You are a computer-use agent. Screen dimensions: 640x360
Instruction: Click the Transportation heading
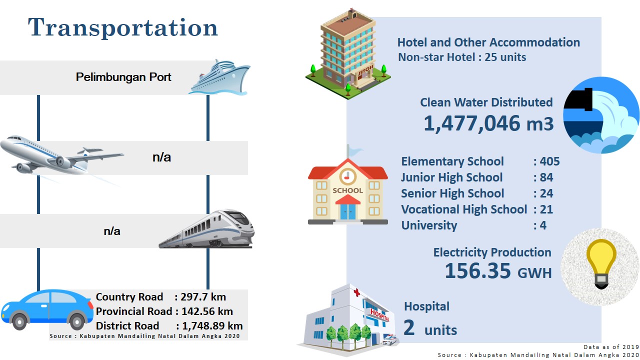click(123, 27)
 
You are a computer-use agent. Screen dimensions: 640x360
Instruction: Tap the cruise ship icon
click(219, 77)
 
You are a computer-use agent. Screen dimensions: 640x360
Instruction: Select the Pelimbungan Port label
click(123, 77)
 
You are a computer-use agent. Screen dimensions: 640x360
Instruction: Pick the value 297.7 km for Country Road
click(203, 297)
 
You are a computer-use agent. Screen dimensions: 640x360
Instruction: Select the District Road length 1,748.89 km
click(212, 325)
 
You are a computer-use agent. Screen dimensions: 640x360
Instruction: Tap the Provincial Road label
click(134, 311)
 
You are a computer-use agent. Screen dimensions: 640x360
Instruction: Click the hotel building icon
click(348, 54)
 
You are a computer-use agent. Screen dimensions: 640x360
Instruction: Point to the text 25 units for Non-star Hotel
click(505, 57)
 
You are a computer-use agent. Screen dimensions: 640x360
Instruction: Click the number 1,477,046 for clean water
click(471, 123)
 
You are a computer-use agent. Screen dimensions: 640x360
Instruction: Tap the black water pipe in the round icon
click(578, 99)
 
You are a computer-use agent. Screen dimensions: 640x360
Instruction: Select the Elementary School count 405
click(549, 161)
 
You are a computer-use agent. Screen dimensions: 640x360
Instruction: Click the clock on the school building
click(347, 176)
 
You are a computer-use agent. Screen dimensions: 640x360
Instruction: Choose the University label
click(429, 225)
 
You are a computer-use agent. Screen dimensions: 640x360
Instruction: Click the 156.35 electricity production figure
click(477, 271)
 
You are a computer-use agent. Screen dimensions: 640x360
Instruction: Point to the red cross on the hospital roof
click(356, 292)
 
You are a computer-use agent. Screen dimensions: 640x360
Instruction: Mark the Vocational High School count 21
click(546, 209)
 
